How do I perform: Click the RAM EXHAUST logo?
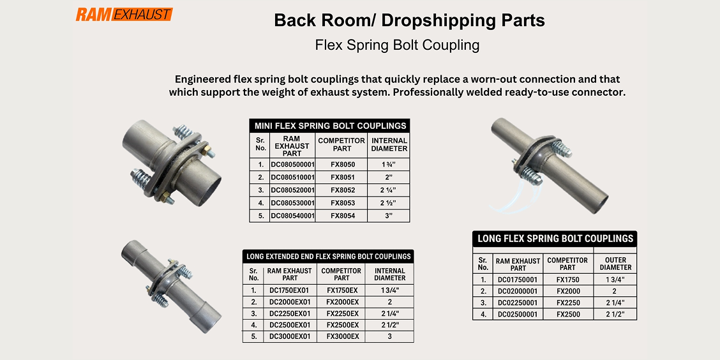pos(124,14)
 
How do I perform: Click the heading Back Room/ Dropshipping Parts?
pos(409,20)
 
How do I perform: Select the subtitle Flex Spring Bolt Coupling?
pos(397,45)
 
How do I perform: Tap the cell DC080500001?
pos(293,164)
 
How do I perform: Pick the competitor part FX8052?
pos(342,190)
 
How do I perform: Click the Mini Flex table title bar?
pos(329,126)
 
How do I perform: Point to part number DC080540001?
pos(293,216)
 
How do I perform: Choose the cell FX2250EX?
pos(342,313)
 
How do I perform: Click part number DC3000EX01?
pos(289,336)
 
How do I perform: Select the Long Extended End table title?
pos(328,257)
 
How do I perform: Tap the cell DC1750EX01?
pos(289,290)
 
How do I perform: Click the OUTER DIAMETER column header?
pos(615,264)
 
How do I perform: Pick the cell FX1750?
pos(567,280)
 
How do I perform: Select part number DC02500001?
pos(518,314)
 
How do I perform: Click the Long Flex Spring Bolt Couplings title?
pos(555,239)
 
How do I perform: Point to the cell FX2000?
pos(567,291)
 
